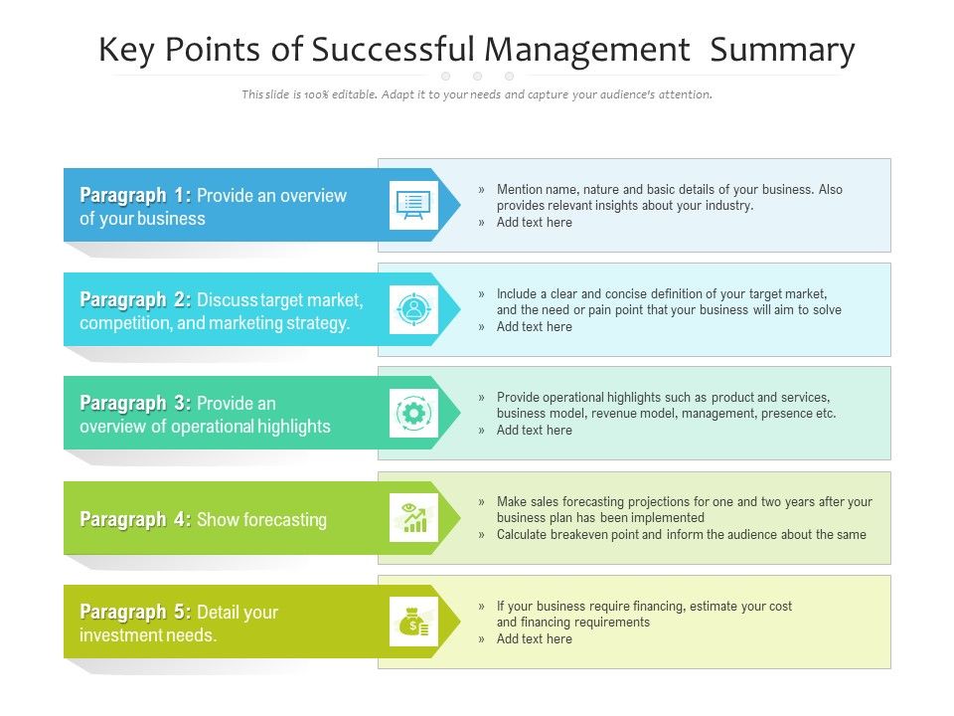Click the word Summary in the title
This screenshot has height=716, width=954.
pyautogui.click(x=782, y=50)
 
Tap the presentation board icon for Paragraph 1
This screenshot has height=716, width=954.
pyautogui.click(x=413, y=205)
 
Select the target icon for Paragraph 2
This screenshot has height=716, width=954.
pyautogui.click(x=413, y=309)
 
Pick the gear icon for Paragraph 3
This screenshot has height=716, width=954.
pyautogui.click(x=413, y=413)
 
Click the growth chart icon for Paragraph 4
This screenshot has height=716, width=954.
pyautogui.click(x=413, y=518)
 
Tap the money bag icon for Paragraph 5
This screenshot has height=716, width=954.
pyautogui.click(x=413, y=622)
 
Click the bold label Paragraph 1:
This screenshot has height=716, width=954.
pyautogui.click(x=135, y=195)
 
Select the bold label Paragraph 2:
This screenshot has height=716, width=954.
pyautogui.click(x=135, y=299)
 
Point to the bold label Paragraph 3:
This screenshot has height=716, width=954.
pyautogui.click(x=135, y=403)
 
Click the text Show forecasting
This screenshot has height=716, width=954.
pyautogui.click(x=261, y=519)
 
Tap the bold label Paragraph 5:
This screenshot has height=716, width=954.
pyautogui.click(x=135, y=612)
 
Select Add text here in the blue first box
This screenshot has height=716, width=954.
pyautogui.click(x=534, y=223)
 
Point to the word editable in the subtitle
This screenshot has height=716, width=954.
pyautogui.click(x=355, y=95)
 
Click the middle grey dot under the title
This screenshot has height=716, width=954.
pyautogui.click(x=477, y=76)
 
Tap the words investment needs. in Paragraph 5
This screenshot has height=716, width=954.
pyautogui.click(x=148, y=635)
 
